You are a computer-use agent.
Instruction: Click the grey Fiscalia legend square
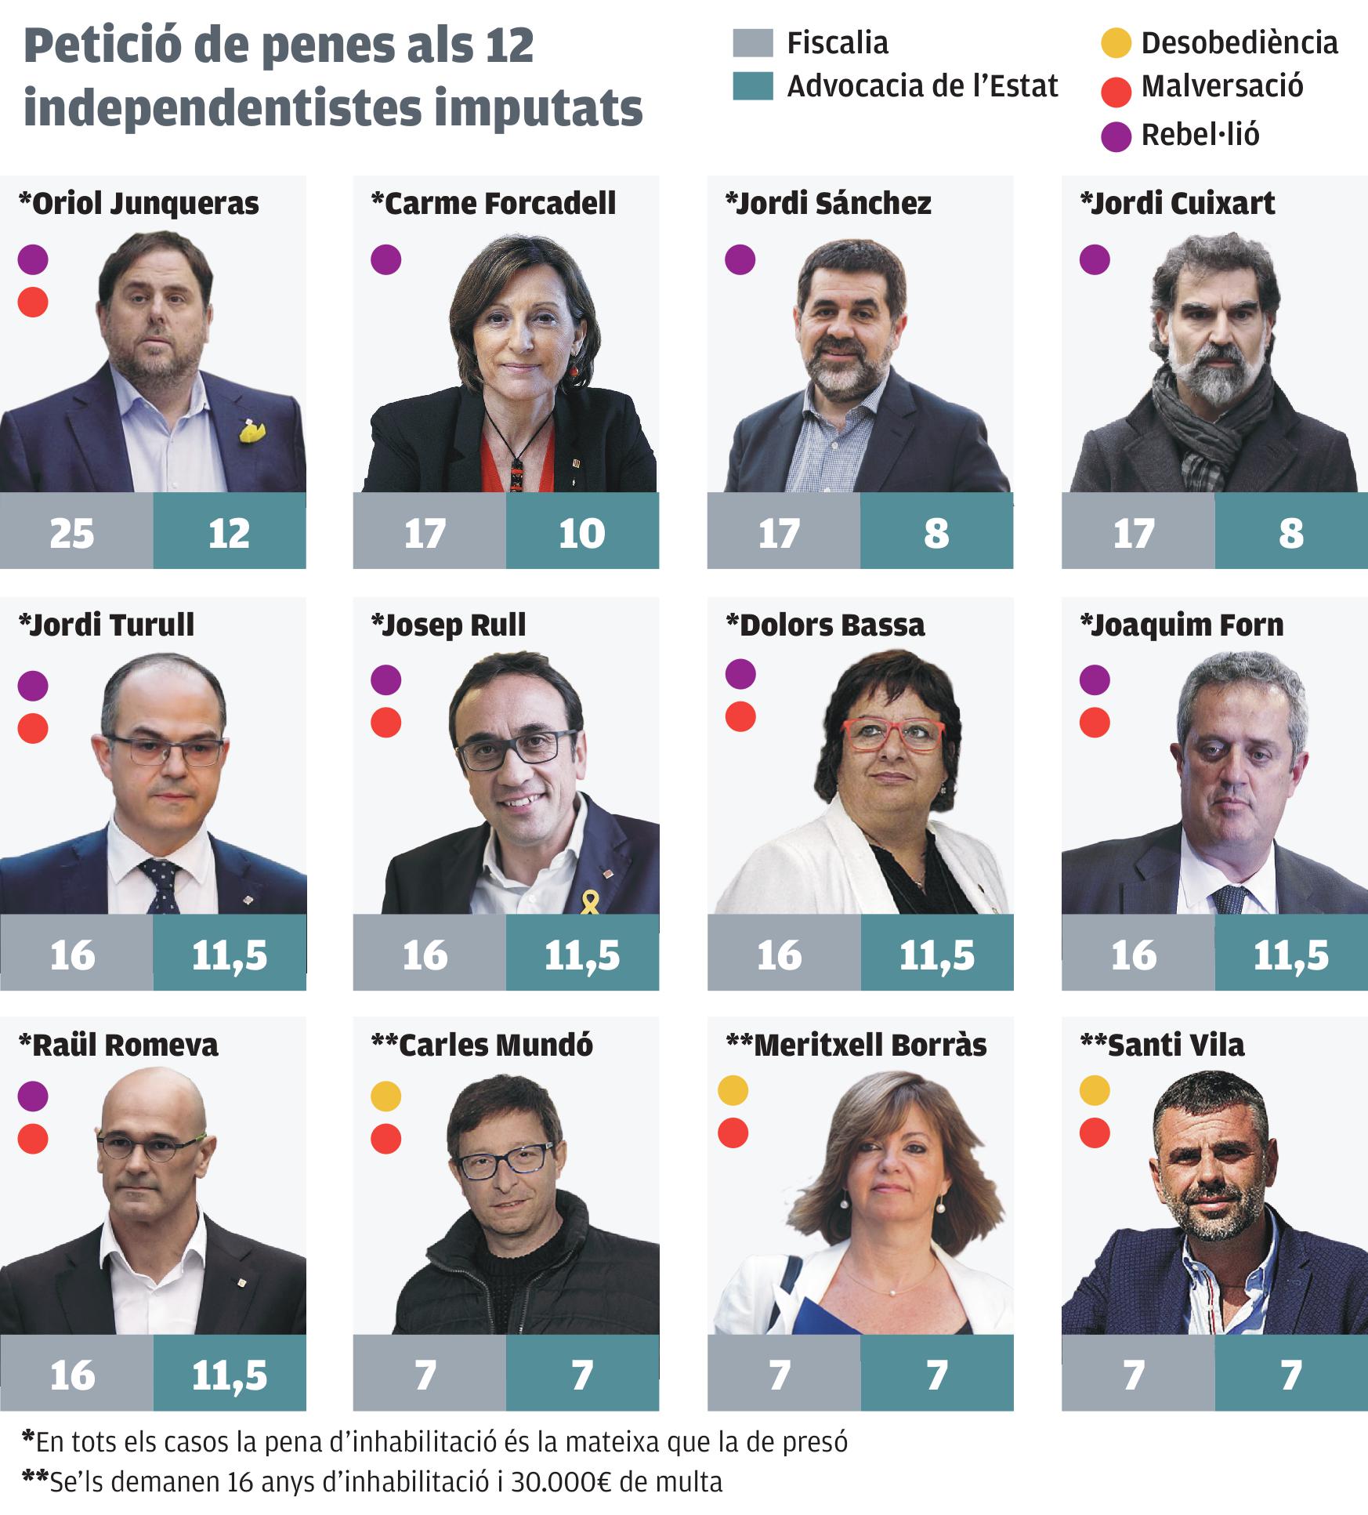point(753,42)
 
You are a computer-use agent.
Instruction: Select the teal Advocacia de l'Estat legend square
point(753,86)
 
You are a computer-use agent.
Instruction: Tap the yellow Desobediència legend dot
point(1116,42)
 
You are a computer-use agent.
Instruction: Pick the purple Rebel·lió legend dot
point(1116,136)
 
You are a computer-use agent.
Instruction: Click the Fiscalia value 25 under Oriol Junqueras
point(72,534)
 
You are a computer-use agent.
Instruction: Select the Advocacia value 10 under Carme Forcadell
point(582,534)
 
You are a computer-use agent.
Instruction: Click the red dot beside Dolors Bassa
point(740,716)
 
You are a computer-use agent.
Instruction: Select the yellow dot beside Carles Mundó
point(385,1096)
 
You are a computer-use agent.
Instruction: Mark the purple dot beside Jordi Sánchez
point(740,259)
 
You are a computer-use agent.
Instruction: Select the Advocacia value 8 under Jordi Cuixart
point(1290,534)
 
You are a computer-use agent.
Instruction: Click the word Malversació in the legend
point(1221,86)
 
